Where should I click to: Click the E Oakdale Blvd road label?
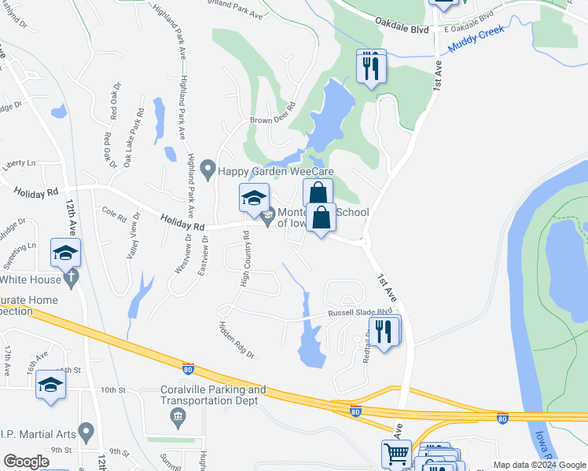(469, 22)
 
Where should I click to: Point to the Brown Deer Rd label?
(272, 114)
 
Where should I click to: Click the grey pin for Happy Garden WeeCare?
(208, 169)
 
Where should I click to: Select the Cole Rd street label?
(114, 212)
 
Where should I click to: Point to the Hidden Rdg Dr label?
(237, 340)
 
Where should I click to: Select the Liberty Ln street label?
(20, 163)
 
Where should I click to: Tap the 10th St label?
(112, 389)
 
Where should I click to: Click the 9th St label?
(119, 451)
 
